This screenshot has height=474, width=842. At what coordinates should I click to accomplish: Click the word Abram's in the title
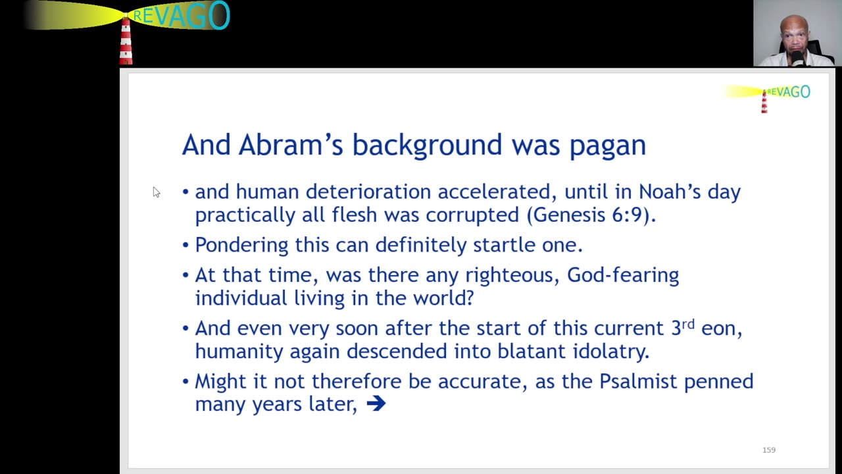(291, 145)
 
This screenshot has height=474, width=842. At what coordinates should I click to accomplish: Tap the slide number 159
(769, 450)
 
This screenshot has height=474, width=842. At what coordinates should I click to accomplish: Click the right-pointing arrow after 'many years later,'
(376, 404)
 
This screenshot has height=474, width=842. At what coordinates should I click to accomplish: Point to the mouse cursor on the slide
(157, 192)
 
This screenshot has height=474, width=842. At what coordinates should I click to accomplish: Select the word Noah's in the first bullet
(670, 192)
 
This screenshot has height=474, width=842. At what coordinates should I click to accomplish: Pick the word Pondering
(241, 246)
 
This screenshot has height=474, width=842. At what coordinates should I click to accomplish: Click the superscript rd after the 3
(688, 324)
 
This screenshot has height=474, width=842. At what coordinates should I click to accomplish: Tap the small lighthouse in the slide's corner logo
(764, 101)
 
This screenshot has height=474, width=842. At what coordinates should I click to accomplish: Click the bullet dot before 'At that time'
(186, 275)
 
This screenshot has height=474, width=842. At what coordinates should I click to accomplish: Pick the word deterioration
(368, 192)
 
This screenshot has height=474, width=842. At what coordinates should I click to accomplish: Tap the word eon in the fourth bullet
(722, 329)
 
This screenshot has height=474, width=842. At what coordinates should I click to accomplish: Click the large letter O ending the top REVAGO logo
(219, 14)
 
